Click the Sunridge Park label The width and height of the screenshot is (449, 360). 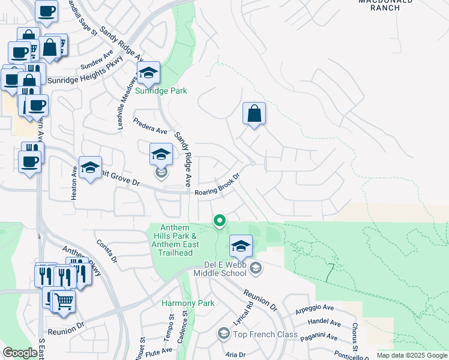click(x=161, y=91)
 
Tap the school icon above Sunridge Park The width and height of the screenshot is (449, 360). click(x=148, y=73)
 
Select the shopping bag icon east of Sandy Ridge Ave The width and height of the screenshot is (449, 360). click(x=255, y=113)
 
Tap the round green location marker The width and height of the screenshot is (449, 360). click(x=220, y=221)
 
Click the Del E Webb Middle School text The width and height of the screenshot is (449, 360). click(x=220, y=268)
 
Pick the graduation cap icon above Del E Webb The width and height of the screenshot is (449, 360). click(x=241, y=246)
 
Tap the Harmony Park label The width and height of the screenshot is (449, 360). click(x=188, y=304)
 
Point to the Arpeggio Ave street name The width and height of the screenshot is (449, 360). click(x=315, y=311)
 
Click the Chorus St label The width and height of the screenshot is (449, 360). click(x=355, y=338)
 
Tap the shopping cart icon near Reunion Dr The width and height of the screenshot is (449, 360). click(x=63, y=301)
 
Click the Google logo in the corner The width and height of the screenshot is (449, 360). click(x=20, y=353)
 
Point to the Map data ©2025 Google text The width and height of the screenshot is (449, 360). click(x=412, y=355)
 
